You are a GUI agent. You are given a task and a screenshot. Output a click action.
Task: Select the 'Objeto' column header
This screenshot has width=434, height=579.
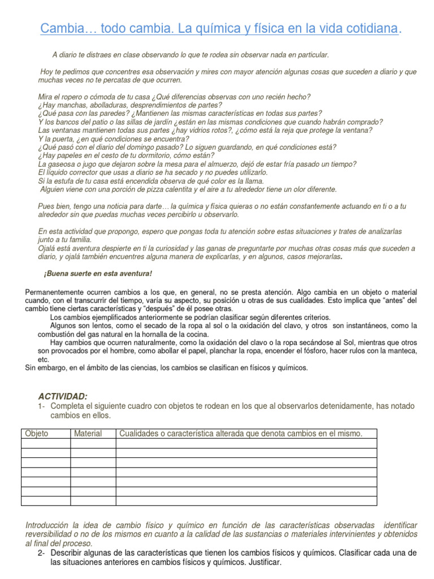36,434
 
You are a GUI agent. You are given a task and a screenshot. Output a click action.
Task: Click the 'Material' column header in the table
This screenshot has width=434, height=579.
88,434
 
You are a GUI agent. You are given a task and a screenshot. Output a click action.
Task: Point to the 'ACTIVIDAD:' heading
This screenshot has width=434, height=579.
63,397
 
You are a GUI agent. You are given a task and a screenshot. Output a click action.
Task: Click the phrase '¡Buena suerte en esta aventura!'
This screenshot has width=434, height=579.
98,274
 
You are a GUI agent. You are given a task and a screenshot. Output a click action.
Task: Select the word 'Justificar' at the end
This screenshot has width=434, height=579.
263,563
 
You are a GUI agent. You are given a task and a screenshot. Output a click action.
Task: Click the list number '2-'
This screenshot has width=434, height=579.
42,552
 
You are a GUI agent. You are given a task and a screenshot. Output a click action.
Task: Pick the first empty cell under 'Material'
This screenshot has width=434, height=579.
93,443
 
